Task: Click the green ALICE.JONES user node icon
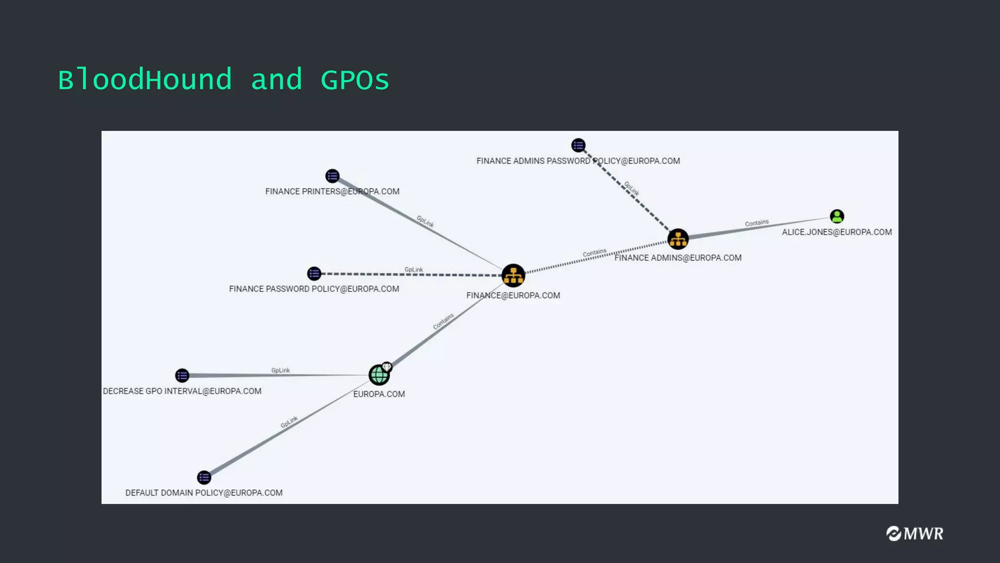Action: coord(836,216)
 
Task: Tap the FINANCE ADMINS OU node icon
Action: coord(678,239)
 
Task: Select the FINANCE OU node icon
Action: coord(513,276)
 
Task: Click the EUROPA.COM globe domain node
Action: coord(379,375)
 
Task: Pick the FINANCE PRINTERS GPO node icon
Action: coord(332,176)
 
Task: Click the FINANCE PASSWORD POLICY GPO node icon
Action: coord(314,274)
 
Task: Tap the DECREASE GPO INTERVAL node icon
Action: coord(182,375)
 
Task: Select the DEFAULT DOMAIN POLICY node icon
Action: coord(204,477)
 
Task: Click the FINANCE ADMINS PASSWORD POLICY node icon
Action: coord(578,145)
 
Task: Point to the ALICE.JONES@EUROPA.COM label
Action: coord(836,232)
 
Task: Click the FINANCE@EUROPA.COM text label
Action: coord(513,295)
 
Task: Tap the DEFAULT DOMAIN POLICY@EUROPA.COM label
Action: coord(204,493)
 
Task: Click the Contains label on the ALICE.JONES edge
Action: coord(756,223)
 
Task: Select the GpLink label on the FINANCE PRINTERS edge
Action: coord(425,221)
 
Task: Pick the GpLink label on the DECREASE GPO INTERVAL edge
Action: coord(280,370)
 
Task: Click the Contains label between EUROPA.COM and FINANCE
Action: coord(443,321)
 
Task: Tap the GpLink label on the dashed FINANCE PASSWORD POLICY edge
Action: coord(414,270)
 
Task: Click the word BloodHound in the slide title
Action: coord(145,80)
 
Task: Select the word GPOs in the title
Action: coord(354,80)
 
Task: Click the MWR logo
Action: coord(915,533)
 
